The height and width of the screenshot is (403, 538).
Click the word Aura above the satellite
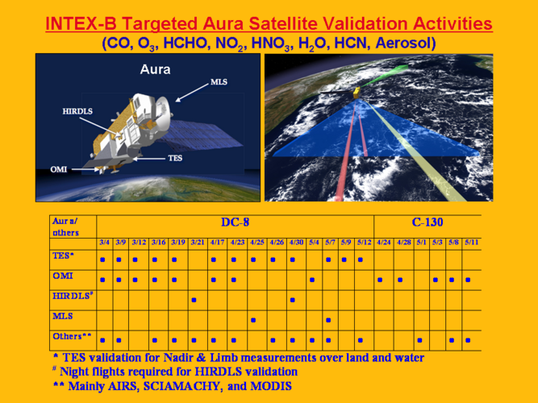click(x=155, y=69)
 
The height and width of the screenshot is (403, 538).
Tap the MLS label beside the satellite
click(x=219, y=82)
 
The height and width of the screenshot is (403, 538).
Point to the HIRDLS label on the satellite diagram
click(x=77, y=111)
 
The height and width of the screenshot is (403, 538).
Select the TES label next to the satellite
click(x=175, y=158)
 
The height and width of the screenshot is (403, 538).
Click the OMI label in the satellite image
click(x=59, y=169)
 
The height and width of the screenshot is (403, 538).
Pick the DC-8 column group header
click(x=235, y=222)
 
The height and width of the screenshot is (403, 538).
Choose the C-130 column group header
click(x=427, y=222)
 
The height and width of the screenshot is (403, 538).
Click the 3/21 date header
click(x=198, y=242)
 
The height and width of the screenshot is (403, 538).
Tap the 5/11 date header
click(x=471, y=242)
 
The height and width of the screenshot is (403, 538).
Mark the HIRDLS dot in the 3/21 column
click(x=194, y=300)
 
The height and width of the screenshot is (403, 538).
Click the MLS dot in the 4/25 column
click(x=253, y=320)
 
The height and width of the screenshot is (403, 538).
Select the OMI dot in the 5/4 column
click(x=312, y=280)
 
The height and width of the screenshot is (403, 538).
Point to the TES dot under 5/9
click(x=344, y=260)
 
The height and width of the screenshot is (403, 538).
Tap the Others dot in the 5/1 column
click(x=419, y=340)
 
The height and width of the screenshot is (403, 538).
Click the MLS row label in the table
click(x=62, y=316)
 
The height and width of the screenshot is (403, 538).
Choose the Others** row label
click(x=72, y=336)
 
